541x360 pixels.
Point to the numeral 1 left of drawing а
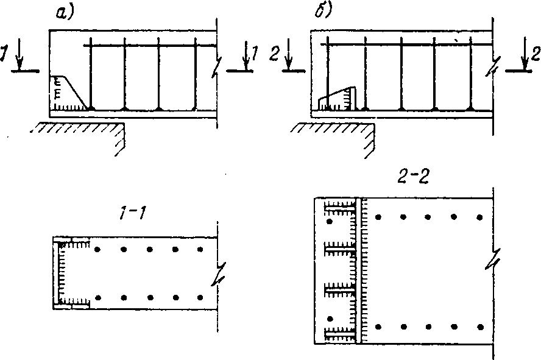5,55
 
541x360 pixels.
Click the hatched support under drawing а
79,129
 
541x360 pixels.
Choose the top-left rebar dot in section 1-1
97,249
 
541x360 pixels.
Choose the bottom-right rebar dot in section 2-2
480,327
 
